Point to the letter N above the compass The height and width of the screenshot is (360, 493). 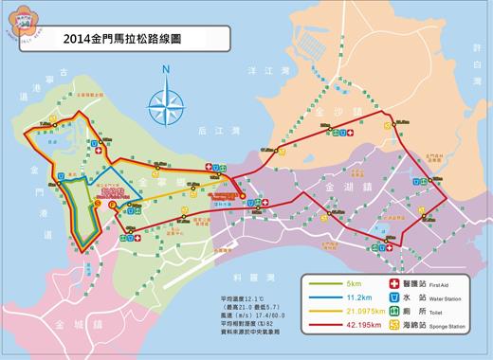click(x=166, y=70)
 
